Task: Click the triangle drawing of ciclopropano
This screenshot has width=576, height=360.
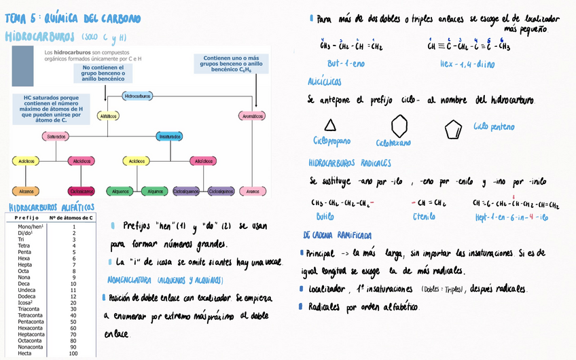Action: (x=330, y=125)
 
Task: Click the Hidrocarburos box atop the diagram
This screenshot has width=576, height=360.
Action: (x=137, y=96)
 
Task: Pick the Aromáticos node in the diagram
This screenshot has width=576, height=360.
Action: (x=252, y=116)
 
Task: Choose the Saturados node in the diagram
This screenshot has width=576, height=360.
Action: (x=56, y=137)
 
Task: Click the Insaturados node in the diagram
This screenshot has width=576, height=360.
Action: (x=169, y=137)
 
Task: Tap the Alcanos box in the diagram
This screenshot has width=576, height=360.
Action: (x=26, y=191)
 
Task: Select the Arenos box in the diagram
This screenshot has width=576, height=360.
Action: (x=253, y=191)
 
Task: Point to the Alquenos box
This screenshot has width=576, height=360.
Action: (x=121, y=191)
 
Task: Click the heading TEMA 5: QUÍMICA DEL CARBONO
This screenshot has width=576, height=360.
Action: (x=73, y=19)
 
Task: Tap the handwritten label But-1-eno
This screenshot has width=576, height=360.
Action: (x=346, y=64)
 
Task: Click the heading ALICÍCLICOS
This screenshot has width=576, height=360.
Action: (x=328, y=82)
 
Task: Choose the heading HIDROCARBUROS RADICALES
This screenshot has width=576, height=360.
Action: (x=349, y=164)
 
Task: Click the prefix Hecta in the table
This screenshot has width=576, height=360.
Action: (x=24, y=353)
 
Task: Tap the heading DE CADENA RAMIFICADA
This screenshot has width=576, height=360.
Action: (x=338, y=236)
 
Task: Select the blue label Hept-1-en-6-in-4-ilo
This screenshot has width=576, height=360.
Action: (x=512, y=217)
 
